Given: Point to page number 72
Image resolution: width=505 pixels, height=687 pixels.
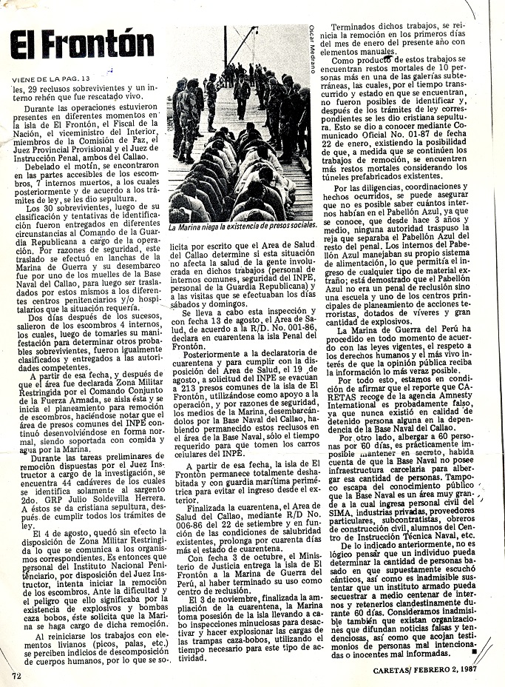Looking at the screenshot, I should [16, 675].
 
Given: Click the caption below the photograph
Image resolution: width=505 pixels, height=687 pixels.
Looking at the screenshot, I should [243, 224].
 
